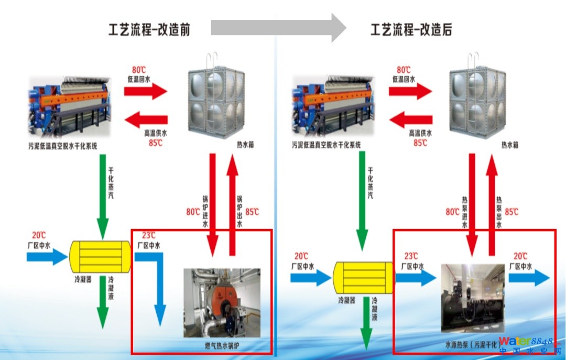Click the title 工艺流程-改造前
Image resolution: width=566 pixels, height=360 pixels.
(x=149, y=29)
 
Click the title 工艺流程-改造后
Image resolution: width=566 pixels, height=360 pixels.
(x=411, y=29)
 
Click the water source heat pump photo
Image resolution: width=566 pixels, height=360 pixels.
(x=473, y=298)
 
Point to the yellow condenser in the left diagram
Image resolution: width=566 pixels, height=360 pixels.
(x=100, y=257)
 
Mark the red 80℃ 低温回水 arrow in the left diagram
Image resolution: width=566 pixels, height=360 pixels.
(x=145, y=91)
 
